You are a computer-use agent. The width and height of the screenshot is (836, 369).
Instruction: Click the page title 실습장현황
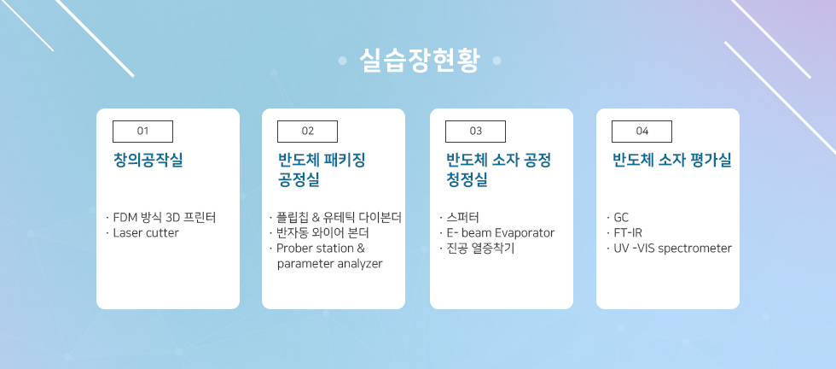420,61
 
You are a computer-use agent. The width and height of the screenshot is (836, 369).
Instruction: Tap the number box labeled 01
143,132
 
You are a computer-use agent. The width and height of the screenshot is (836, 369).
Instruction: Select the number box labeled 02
308,132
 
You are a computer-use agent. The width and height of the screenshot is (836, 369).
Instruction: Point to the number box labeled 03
476,132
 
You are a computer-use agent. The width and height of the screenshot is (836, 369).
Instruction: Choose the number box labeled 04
642,132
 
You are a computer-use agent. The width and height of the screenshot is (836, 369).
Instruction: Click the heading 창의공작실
148,161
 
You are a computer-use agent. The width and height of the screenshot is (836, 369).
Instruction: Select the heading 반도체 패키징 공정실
322,170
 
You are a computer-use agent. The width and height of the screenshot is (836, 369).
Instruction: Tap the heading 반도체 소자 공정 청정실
498,170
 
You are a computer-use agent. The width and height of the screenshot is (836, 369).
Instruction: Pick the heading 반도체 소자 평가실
672,161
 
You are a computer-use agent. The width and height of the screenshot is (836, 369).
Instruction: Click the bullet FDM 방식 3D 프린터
164,217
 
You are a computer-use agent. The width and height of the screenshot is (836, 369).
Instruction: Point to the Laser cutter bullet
146,233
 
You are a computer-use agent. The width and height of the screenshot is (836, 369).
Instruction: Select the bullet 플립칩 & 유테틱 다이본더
339,217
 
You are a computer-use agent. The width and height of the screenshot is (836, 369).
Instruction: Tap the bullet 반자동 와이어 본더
322,233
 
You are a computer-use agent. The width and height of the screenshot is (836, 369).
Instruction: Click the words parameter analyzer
329,264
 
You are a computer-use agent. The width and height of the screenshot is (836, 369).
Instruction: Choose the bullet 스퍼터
462,217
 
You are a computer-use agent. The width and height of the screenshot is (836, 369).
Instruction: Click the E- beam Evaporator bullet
501,233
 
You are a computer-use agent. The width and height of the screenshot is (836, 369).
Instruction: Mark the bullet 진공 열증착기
479,249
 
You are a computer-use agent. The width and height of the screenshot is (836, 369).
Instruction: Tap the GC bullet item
621,217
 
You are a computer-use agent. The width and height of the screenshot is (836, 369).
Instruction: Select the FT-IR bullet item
628,233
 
